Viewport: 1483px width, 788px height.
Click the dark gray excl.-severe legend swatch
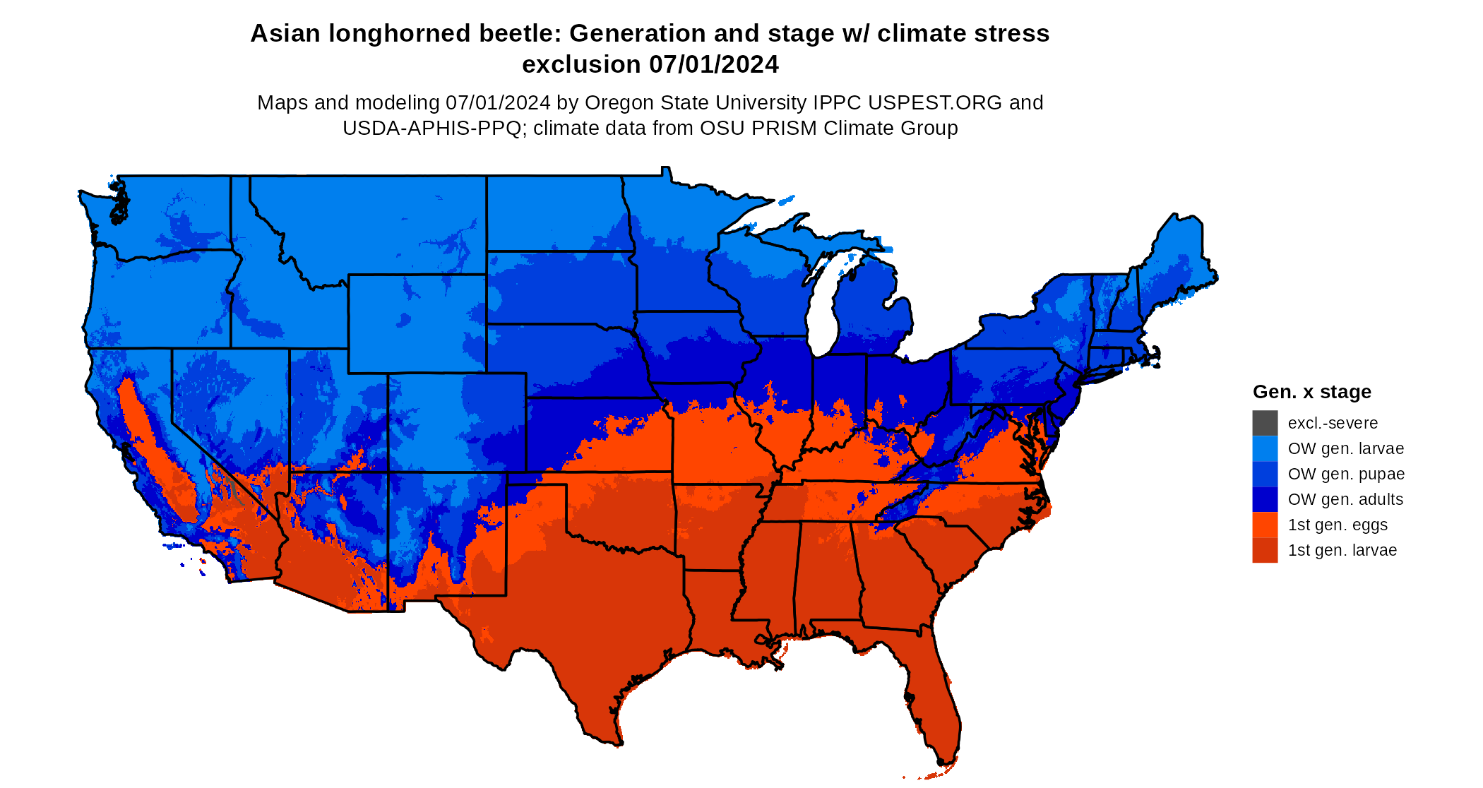coord(1265,423)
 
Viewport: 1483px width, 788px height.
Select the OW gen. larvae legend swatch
coord(1265,448)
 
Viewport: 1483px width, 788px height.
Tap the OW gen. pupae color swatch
coord(1265,474)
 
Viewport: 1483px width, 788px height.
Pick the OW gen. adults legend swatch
coord(1265,499)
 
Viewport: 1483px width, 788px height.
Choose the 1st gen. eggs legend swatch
coord(1265,525)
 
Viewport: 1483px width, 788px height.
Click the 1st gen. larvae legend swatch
coord(1265,550)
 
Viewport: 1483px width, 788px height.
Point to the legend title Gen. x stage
coord(1311,392)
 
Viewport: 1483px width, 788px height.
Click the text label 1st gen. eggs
coord(1338,525)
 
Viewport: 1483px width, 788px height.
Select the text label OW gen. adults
coord(1345,500)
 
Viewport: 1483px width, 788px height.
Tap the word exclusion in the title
coord(581,65)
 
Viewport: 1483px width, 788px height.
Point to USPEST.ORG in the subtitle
coord(935,103)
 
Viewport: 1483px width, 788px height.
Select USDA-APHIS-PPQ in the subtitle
coord(431,129)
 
